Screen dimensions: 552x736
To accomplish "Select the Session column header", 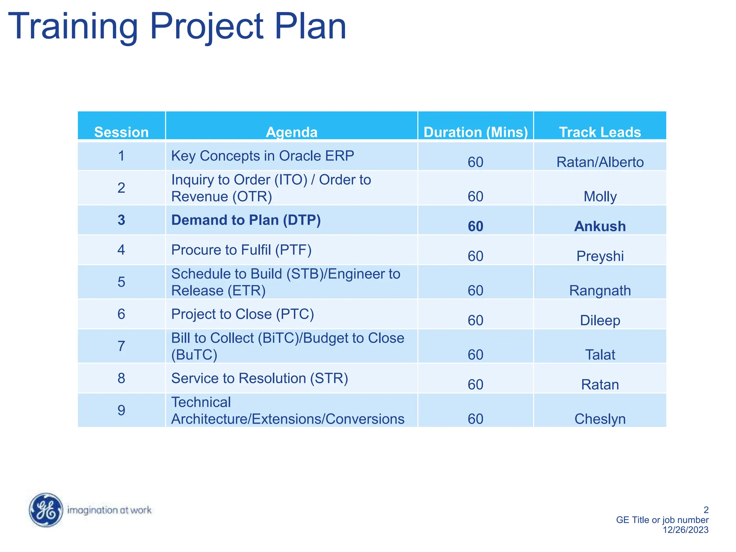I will coord(121,132).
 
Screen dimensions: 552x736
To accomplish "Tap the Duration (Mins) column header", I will coord(475,132).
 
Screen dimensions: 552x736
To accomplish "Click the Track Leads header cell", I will coord(600,132).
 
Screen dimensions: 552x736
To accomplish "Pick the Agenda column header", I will coord(291,132).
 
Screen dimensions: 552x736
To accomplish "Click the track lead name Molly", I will coord(600,197).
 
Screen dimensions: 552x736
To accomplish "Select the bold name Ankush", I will coord(600,226).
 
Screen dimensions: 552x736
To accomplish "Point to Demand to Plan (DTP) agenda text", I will coord(246,220).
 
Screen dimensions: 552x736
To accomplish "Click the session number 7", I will coord(121,346).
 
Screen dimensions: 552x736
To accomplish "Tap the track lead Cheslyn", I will coord(600,419).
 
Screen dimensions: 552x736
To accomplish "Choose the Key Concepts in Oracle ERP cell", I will coord(262,156).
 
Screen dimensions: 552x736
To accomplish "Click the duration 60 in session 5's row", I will coord(475,290).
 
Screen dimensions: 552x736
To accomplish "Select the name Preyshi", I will coord(600,256).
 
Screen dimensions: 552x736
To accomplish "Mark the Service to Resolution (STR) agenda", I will coord(259,378).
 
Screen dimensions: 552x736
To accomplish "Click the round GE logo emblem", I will coord(46,510).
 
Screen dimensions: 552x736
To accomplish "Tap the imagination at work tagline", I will coord(109,510).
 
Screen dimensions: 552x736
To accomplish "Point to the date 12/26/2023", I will coord(685,530).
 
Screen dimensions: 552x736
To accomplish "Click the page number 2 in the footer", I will coord(706,510).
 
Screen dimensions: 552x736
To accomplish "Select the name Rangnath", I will coord(600,290).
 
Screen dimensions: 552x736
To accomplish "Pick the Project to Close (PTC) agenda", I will coord(243,314).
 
